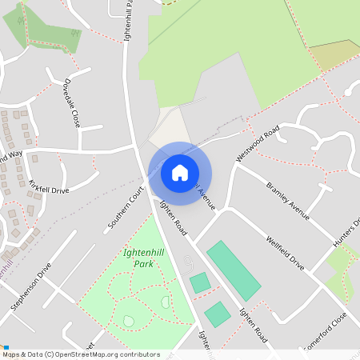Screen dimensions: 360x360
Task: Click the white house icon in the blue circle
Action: (x=179, y=173)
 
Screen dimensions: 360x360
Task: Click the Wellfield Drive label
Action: (x=286, y=251)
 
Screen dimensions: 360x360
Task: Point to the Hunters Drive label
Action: (x=346, y=233)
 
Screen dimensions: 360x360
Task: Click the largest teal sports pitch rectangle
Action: (x=234, y=270)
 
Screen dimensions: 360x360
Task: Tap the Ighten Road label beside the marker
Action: (x=173, y=218)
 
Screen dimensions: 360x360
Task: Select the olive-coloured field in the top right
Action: (x=335, y=54)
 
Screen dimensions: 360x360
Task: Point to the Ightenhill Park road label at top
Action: (x=126, y=21)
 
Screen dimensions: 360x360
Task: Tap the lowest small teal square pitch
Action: (x=217, y=314)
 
